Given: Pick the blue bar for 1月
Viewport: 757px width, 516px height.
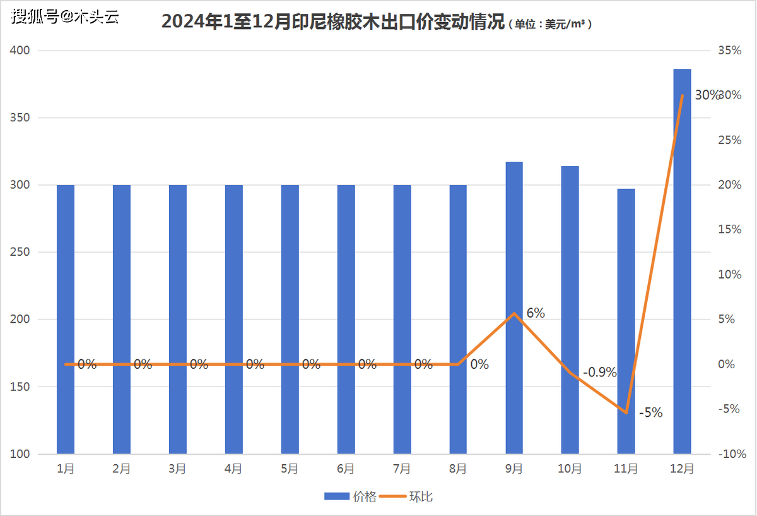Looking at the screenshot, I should [66, 319].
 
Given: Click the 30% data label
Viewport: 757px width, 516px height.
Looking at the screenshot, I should [707, 95].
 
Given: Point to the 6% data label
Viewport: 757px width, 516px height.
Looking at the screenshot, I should [536, 313].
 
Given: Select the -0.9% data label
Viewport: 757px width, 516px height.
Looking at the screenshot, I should [599, 372].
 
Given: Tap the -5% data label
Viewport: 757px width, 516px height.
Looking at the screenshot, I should [650, 413].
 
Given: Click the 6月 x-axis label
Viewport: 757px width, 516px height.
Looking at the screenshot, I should [346, 469].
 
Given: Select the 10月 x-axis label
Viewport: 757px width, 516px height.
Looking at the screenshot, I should [570, 469].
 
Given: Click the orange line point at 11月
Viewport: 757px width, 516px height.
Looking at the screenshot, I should [626, 412].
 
